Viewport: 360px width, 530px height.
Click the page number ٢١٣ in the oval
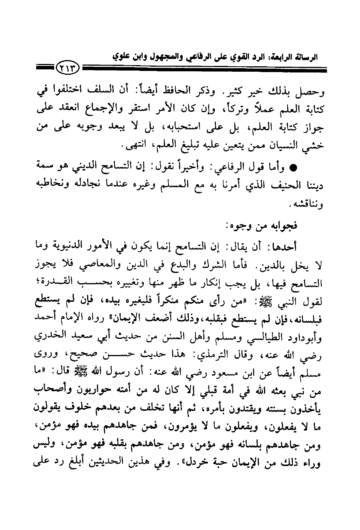pos(68,70)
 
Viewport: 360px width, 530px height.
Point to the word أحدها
pos(307,246)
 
